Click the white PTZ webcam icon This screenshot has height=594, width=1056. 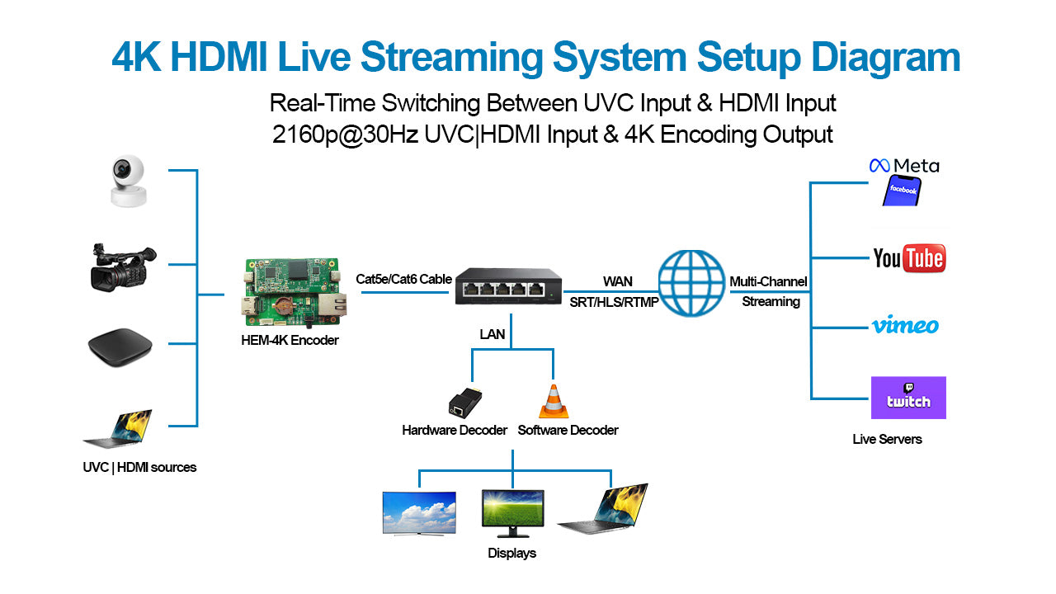127,181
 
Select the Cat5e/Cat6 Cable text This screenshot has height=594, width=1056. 403,279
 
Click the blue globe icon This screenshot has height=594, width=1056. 691,283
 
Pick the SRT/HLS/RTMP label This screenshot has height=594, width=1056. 614,302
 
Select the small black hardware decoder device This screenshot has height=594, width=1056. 464,401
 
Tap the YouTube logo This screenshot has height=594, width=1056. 908,258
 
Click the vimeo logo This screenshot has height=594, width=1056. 905,325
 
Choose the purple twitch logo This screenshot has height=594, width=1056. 908,398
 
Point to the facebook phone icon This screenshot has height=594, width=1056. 902,191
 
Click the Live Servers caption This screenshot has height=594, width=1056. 887,439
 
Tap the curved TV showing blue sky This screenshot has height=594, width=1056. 419,512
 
